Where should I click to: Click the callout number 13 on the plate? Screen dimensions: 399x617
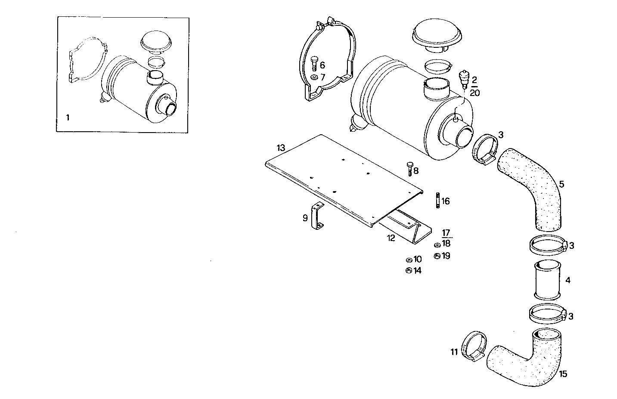281,148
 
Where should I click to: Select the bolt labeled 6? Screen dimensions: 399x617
313,63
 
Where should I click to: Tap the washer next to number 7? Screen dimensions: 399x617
313,77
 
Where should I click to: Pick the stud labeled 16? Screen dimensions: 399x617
437,201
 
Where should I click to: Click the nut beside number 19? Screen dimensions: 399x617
437,256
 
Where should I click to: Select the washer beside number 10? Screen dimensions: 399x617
408,260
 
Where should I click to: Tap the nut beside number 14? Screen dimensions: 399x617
408,270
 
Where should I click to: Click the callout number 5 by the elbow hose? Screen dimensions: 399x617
561,184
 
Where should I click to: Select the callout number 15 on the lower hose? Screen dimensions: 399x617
563,374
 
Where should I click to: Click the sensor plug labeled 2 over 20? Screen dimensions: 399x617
464,79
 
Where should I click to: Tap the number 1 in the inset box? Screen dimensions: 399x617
68,117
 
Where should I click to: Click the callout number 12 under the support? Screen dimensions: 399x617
391,238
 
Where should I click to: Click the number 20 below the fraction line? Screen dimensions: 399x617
474,93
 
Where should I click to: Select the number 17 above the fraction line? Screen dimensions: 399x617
446,233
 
